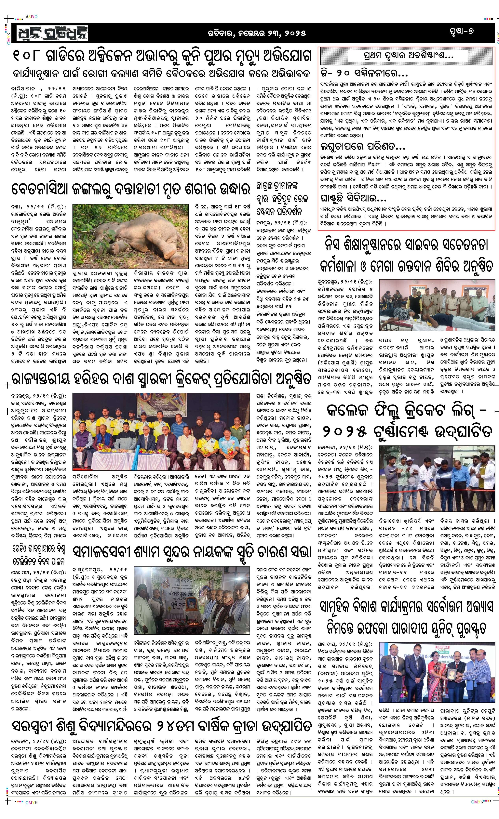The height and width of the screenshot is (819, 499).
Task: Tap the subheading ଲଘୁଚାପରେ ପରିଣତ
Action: pos(363,146)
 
